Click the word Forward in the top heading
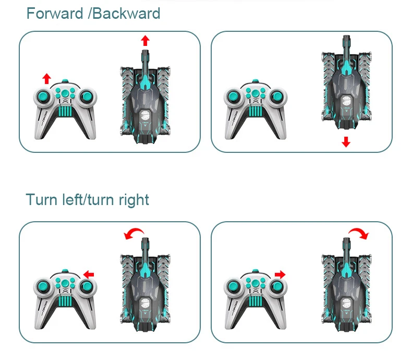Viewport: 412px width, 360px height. click(x=55, y=13)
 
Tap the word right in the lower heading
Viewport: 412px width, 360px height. click(x=134, y=200)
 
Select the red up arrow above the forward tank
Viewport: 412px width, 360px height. click(x=146, y=41)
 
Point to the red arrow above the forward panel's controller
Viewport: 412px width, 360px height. click(x=46, y=79)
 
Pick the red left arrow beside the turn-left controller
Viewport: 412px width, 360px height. click(x=88, y=274)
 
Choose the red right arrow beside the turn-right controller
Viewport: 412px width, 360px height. click(x=280, y=274)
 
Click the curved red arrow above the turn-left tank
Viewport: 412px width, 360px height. click(x=134, y=234)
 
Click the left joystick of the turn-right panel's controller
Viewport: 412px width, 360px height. click(x=234, y=286)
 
